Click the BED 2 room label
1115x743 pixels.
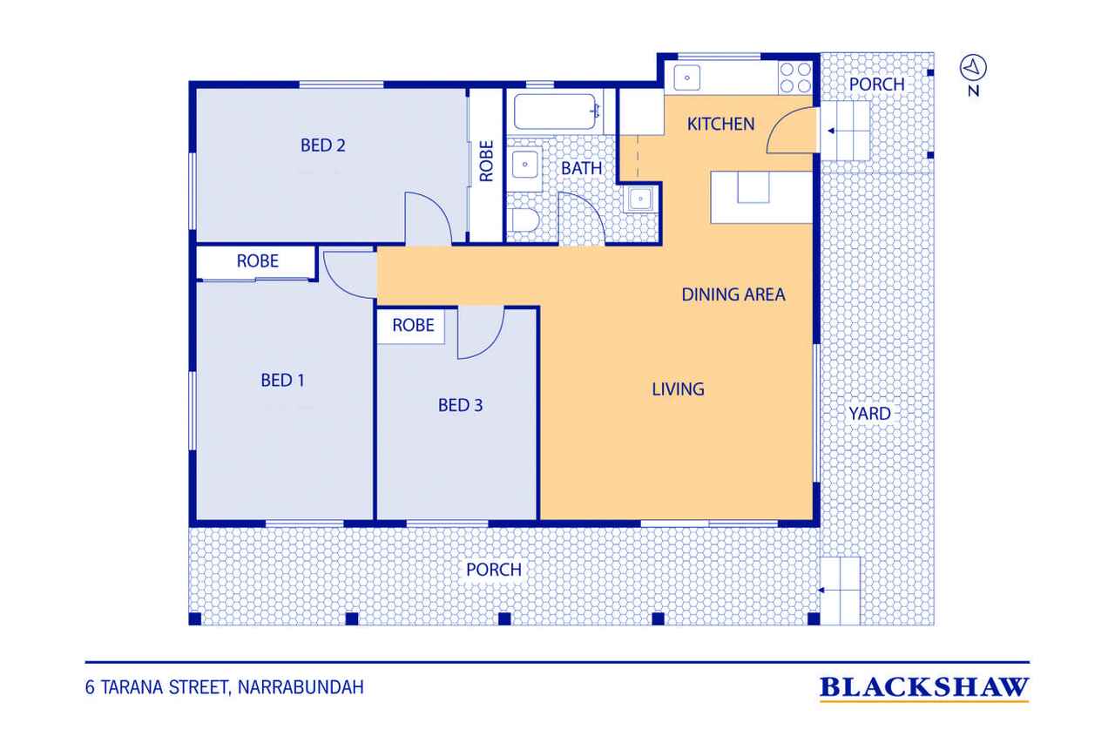pos(322,145)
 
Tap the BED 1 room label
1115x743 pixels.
pos(283,380)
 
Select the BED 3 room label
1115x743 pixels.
pos(461,405)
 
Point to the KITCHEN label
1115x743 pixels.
pos(720,124)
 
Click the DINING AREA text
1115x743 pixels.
pos(733,294)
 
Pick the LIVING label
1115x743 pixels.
pos(678,389)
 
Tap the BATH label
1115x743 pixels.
pos(581,169)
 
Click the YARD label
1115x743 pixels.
pos(869,414)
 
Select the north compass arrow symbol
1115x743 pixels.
pos(973,68)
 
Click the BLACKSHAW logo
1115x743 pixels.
pos(924,688)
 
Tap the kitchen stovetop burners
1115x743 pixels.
pos(795,78)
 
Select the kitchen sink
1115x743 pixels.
pos(687,78)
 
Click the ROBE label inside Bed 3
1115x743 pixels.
pos(413,326)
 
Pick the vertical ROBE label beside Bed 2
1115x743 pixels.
pos(486,161)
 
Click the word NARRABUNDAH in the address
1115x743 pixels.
pos(301,687)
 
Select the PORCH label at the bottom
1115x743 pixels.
pos(494,570)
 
